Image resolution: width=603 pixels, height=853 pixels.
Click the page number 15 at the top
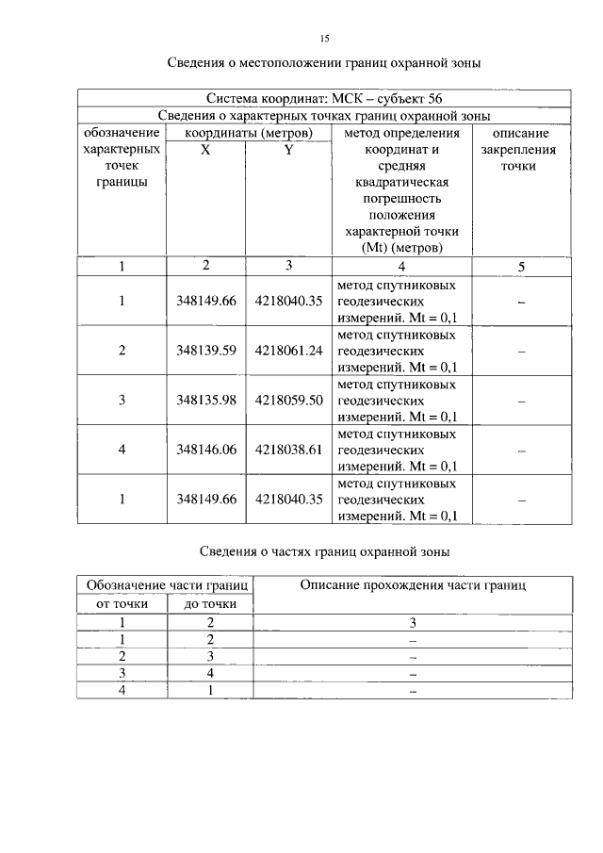point(324,38)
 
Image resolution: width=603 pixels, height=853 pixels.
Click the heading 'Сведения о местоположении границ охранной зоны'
point(324,64)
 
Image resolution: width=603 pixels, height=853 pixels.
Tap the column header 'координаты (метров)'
point(248,133)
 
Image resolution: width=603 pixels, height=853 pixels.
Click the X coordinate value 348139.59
point(205,351)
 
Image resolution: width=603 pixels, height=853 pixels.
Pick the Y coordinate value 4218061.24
point(289,351)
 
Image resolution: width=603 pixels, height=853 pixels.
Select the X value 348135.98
point(205,400)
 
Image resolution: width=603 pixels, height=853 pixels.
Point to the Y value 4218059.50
point(289,400)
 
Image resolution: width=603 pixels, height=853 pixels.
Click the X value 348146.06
point(205,450)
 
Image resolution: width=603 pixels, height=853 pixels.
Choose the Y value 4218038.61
point(289,450)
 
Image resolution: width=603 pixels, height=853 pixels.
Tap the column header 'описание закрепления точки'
point(521,150)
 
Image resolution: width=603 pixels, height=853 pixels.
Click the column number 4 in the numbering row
point(401,267)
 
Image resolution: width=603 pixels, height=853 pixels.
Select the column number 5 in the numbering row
point(521,267)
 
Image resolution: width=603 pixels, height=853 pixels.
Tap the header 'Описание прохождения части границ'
point(413,585)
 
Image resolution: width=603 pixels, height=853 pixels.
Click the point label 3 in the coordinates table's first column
point(122,400)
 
